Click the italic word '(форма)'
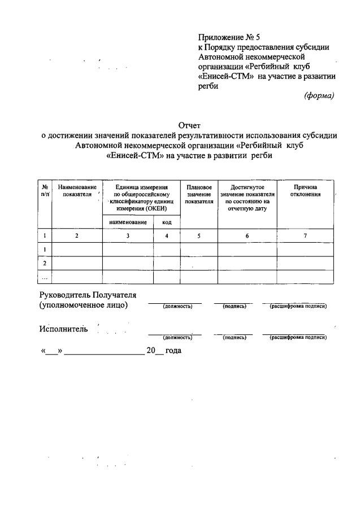[x=319, y=95]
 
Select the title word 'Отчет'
[x=189, y=125]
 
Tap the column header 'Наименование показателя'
[x=77, y=191]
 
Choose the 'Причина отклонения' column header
[x=305, y=191]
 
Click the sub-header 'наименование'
[x=128, y=222]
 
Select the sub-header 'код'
[x=167, y=222]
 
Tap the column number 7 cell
[x=305, y=236]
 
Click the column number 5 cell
[x=199, y=236]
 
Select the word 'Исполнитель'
[x=63, y=330]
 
